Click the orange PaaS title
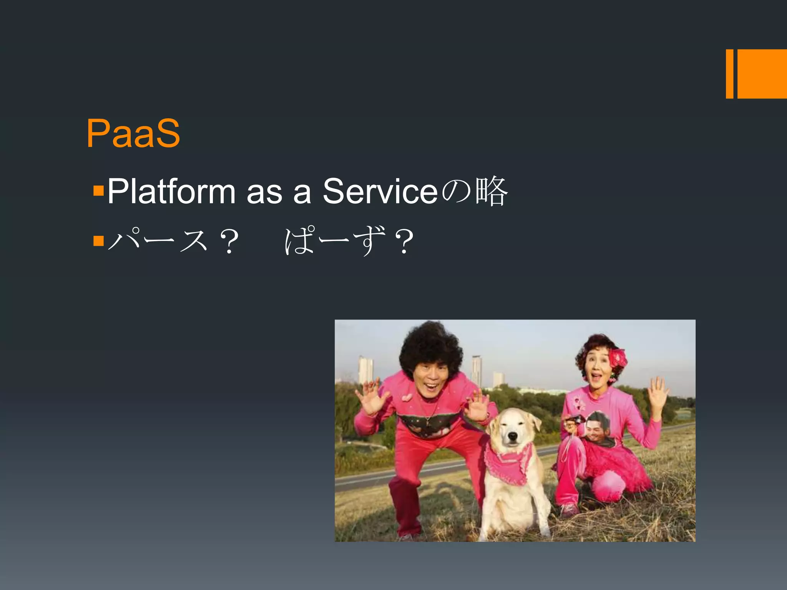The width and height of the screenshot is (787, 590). pos(133,133)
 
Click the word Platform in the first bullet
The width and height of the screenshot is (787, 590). pos(171,191)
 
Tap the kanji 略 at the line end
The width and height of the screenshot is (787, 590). pos(492,191)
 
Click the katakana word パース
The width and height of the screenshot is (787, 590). pos(158,241)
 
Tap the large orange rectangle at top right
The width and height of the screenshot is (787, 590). pos(762,74)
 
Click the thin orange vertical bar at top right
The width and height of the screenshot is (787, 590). pos(729,74)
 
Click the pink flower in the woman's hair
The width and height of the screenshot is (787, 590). pos(618,358)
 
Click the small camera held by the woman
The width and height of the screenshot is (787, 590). pos(575,419)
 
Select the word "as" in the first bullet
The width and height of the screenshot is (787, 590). pos(264,191)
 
